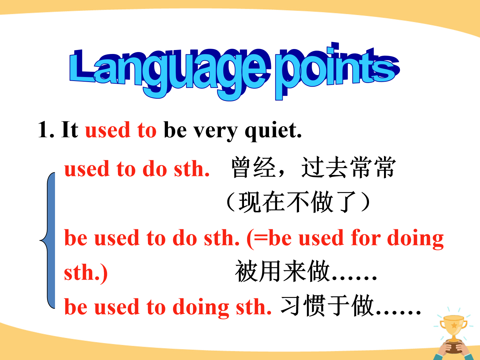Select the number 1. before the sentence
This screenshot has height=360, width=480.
(x=46, y=130)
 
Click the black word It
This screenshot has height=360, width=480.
(x=70, y=130)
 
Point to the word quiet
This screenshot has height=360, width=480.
(x=273, y=131)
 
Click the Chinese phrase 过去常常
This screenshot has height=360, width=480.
(x=349, y=167)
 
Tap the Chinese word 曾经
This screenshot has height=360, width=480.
(x=253, y=167)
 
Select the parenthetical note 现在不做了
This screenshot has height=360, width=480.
(x=298, y=202)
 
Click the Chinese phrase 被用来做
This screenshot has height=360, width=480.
(x=282, y=271)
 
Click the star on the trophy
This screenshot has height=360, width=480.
(x=454, y=325)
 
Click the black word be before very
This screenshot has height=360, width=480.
(x=175, y=130)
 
